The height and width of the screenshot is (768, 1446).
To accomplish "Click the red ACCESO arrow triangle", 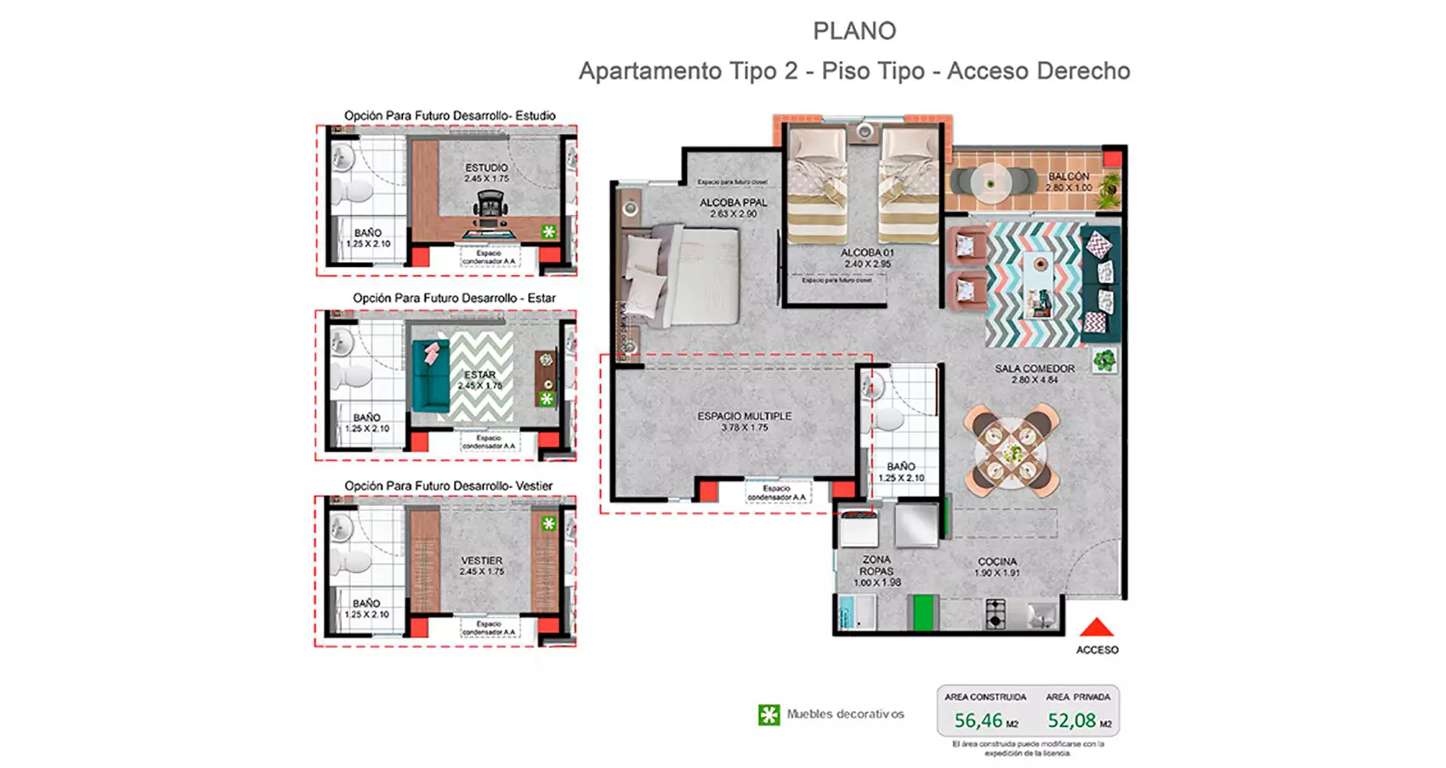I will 1097,628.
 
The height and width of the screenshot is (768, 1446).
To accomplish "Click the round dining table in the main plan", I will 1011,452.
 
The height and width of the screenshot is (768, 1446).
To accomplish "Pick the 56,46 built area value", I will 978,720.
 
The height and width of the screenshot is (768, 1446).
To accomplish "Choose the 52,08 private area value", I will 1071,720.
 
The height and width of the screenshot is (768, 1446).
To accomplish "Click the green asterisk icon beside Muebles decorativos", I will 768,714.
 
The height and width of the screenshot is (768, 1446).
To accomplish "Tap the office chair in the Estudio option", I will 491,206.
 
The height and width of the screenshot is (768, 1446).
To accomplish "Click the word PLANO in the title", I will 854,31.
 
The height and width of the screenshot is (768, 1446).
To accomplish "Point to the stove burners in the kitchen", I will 995,612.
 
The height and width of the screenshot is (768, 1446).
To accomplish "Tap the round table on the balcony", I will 990,182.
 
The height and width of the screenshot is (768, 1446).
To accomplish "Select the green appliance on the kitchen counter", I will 922,612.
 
